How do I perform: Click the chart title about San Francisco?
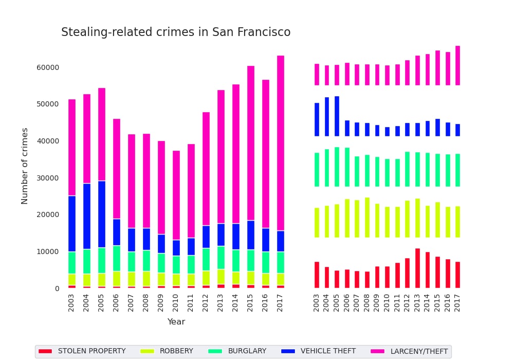176,32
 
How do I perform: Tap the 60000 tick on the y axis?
48,67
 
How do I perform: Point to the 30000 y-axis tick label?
48,178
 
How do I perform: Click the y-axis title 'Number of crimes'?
25,166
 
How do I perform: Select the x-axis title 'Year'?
176,322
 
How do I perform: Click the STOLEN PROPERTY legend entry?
82,351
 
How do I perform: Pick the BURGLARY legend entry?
237,351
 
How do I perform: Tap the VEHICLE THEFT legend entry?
319,351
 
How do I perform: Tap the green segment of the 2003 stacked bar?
72,262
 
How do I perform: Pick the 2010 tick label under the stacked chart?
176,302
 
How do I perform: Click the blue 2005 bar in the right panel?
337,116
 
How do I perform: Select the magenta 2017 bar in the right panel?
457,65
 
